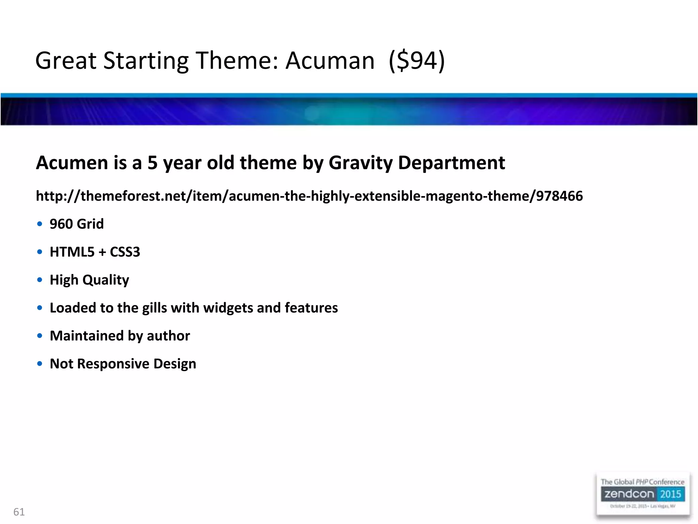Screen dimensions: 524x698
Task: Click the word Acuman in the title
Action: pos(330,61)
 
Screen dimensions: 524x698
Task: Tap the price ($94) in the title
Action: pos(417,61)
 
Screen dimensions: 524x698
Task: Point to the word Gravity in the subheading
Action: pos(361,163)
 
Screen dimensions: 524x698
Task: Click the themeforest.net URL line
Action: pos(309,196)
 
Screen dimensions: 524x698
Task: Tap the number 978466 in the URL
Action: pos(559,196)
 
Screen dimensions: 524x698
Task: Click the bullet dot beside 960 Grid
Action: pos(40,224)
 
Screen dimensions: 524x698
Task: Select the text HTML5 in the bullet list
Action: pos(72,252)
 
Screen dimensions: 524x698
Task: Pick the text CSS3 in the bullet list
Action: pos(125,252)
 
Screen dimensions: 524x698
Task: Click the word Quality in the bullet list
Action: pos(106,280)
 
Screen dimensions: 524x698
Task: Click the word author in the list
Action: pos(168,336)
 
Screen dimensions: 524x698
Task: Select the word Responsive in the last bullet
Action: pos(113,364)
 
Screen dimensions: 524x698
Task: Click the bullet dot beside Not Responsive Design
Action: pos(40,364)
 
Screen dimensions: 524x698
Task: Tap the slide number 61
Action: pos(19,512)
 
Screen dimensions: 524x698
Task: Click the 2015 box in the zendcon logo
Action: pos(670,494)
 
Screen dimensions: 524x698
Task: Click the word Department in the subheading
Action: pos(451,163)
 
